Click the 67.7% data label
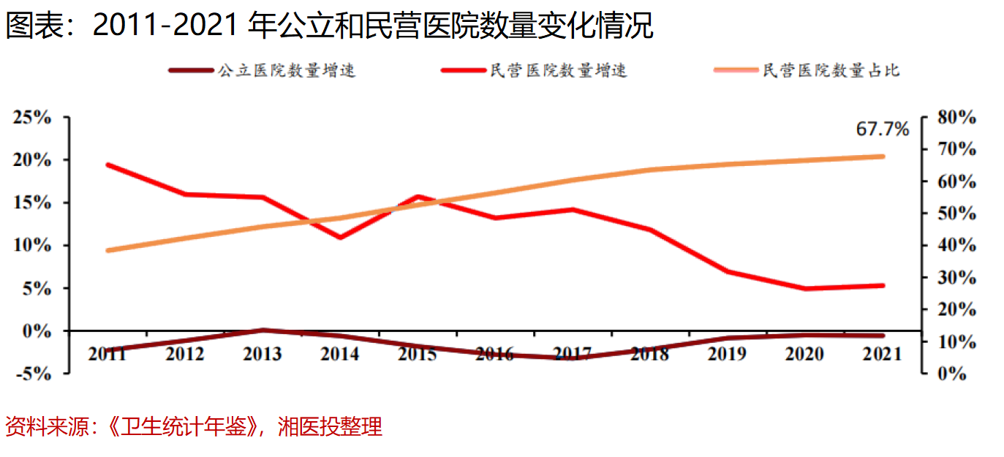(x=883, y=130)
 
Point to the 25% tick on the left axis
(x=31, y=118)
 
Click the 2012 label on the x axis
(x=185, y=354)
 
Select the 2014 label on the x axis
(x=340, y=354)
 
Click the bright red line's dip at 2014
(x=340, y=238)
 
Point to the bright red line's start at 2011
(x=108, y=165)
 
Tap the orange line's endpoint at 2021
(x=882, y=156)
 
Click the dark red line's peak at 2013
(x=263, y=331)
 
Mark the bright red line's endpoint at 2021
(x=882, y=285)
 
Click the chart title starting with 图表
(x=329, y=26)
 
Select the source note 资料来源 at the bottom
(x=194, y=426)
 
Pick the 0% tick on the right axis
(x=954, y=374)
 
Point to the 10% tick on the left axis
(x=31, y=246)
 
